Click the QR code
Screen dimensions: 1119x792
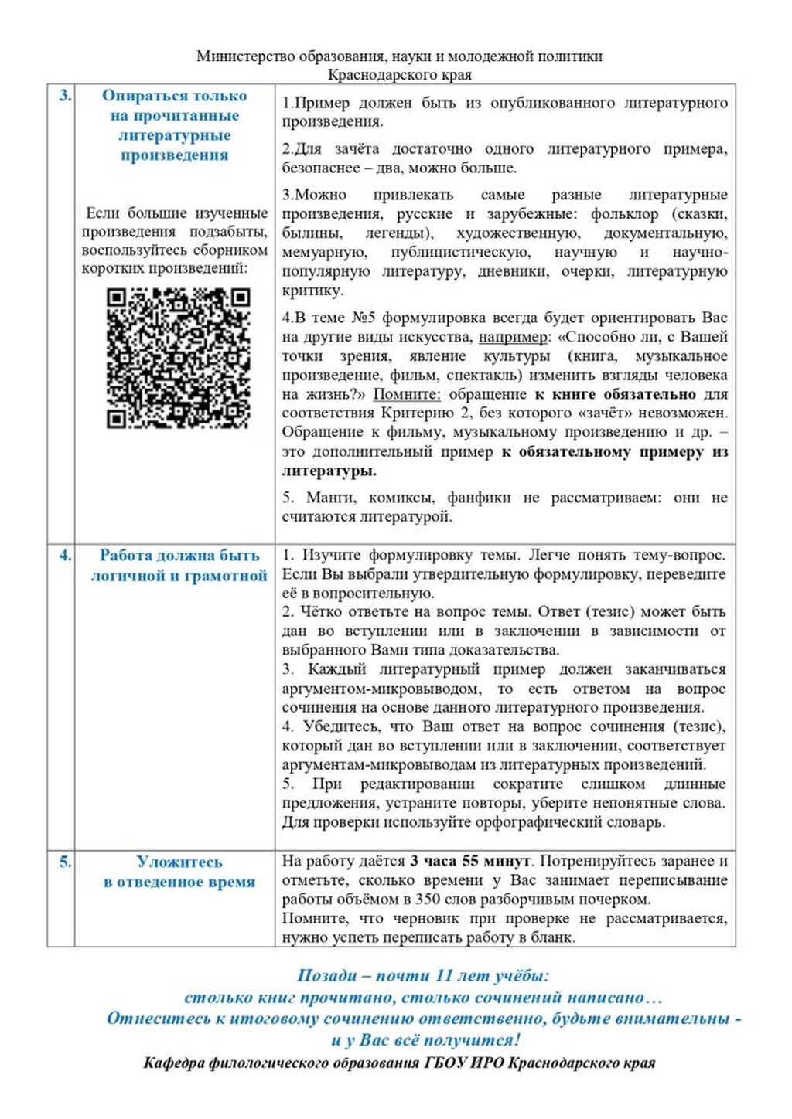pyautogui.click(x=178, y=358)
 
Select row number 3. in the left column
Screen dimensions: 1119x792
pyautogui.click(x=65, y=96)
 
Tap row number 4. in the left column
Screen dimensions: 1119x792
pyautogui.click(x=65, y=555)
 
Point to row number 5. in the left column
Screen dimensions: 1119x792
pyautogui.click(x=65, y=861)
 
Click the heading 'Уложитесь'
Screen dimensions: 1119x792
pyautogui.click(x=179, y=862)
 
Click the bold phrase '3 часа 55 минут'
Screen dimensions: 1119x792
pyautogui.click(x=470, y=861)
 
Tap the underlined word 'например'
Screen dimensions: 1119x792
pyautogui.click(x=512, y=337)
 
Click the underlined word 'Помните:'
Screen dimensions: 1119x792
pyautogui.click(x=407, y=394)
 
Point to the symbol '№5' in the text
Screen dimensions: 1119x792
pyautogui.click(x=363, y=318)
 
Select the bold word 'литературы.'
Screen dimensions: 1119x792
pyautogui.click(x=329, y=471)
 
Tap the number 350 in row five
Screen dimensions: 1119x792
pyautogui.click(x=428, y=900)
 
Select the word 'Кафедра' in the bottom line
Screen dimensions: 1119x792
pyautogui.click(x=174, y=1063)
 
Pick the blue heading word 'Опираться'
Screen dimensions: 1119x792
pyautogui.click(x=145, y=96)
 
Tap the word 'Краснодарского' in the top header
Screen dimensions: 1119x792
pyautogui.click(x=381, y=75)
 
